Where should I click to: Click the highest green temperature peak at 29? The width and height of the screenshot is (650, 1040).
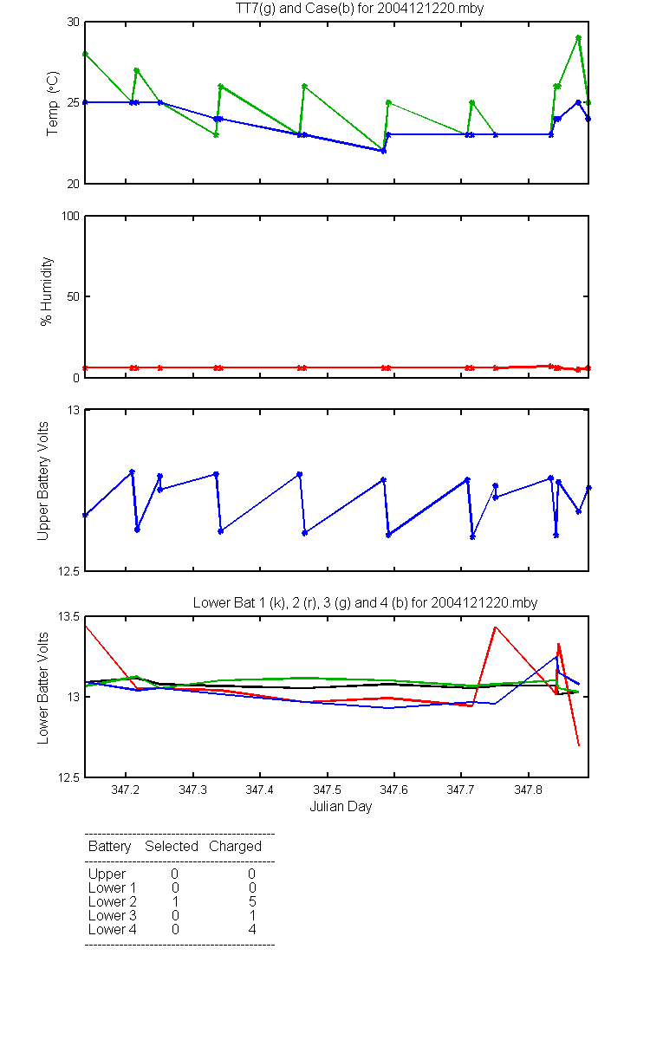point(579,37)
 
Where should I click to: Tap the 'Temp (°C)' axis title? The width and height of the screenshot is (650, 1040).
point(53,103)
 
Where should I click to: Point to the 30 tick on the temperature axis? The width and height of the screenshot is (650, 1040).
point(74,22)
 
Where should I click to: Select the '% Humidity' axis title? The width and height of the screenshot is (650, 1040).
point(47,291)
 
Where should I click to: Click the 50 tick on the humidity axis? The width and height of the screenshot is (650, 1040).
point(74,296)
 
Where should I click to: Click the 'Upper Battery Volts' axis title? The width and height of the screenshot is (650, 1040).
point(43,481)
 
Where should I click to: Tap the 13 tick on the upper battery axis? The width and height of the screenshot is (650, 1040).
point(74,410)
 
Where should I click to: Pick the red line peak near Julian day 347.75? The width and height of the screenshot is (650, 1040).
point(496,627)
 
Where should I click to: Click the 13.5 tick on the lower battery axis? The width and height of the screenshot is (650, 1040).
point(68,616)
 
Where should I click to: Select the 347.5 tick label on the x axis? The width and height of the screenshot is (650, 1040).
point(327,790)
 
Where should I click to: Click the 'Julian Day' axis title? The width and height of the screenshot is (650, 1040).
point(341,807)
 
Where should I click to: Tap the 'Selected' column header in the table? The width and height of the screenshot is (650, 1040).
point(172,846)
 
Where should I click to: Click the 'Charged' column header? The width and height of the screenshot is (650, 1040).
point(235,847)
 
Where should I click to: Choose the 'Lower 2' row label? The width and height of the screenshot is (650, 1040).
point(113,901)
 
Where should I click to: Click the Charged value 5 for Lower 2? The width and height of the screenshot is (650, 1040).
point(252,901)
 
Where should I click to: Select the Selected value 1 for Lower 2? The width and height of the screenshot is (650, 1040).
point(175,901)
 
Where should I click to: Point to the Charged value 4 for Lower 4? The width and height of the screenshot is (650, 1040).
point(252,929)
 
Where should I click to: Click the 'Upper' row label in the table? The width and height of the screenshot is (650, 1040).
point(107,874)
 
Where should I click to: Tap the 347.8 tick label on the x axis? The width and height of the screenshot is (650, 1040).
point(528,790)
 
